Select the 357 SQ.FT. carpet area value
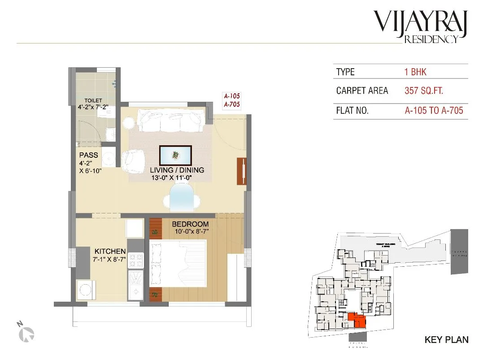click(424, 91)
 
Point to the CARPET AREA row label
click(362, 91)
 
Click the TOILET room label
click(93, 100)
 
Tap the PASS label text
click(88, 156)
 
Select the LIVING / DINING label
click(177, 170)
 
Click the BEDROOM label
click(191, 224)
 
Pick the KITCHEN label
click(110, 252)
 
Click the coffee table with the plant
click(175, 156)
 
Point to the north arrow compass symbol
click(28, 332)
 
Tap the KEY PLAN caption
click(446, 340)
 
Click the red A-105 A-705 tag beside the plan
click(232, 100)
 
